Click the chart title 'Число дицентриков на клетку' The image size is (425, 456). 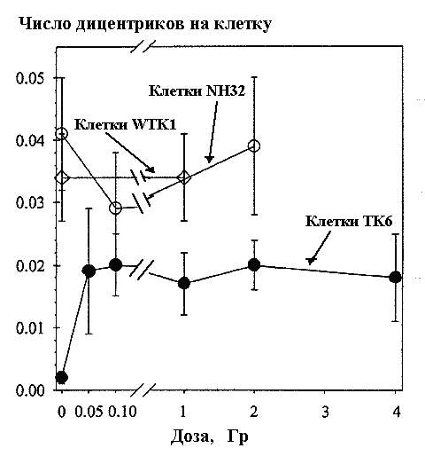click(x=145, y=24)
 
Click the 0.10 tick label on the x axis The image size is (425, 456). click(x=122, y=412)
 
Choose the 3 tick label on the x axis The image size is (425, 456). click(x=325, y=412)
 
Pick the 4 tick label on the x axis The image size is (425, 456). click(x=397, y=412)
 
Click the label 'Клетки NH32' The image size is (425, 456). click(x=197, y=91)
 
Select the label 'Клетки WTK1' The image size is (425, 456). click(x=125, y=124)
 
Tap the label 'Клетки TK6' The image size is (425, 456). click(x=349, y=221)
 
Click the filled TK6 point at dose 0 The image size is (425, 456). click(x=62, y=377)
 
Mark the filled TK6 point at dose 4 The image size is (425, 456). click(x=395, y=277)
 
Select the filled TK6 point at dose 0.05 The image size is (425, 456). click(x=89, y=271)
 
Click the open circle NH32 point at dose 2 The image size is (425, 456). click(x=254, y=146)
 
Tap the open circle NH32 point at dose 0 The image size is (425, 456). click(x=62, y=134)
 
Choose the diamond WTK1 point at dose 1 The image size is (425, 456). click(x=184, y=177)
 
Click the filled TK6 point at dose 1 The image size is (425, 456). click(x=184, y=283)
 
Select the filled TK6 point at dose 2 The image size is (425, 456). click(x=254, y=264)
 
